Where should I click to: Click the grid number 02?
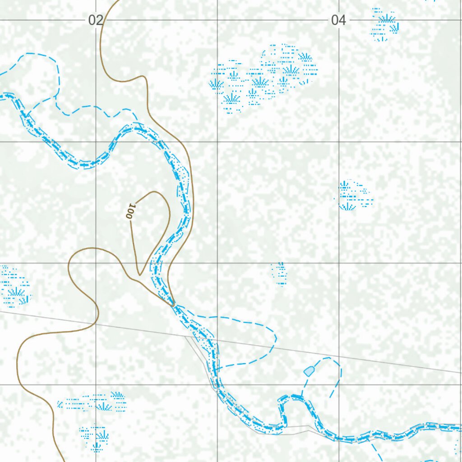(96, 20)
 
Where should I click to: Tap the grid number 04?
(338, 20)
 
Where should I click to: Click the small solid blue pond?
(309, 371)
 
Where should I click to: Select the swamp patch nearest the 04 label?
(385, 25)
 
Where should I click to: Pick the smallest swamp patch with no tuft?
(280, 273)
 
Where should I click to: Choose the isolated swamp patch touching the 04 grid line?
(354, 196)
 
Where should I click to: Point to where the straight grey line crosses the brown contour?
(96, 323)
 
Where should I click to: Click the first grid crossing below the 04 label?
(339, 142)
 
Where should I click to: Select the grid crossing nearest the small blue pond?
(339, 385)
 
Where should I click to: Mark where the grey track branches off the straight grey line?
(186, 335)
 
